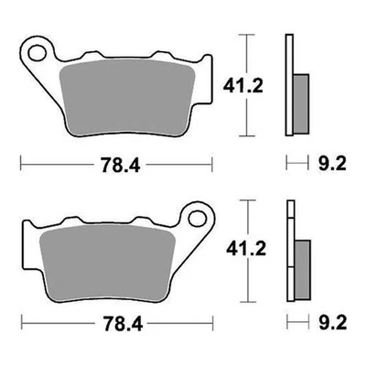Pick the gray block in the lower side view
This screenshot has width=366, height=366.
coord(301,266)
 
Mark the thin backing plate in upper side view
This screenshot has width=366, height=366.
coord(289,87)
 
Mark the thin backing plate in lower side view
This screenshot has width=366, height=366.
coord(289,256)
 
